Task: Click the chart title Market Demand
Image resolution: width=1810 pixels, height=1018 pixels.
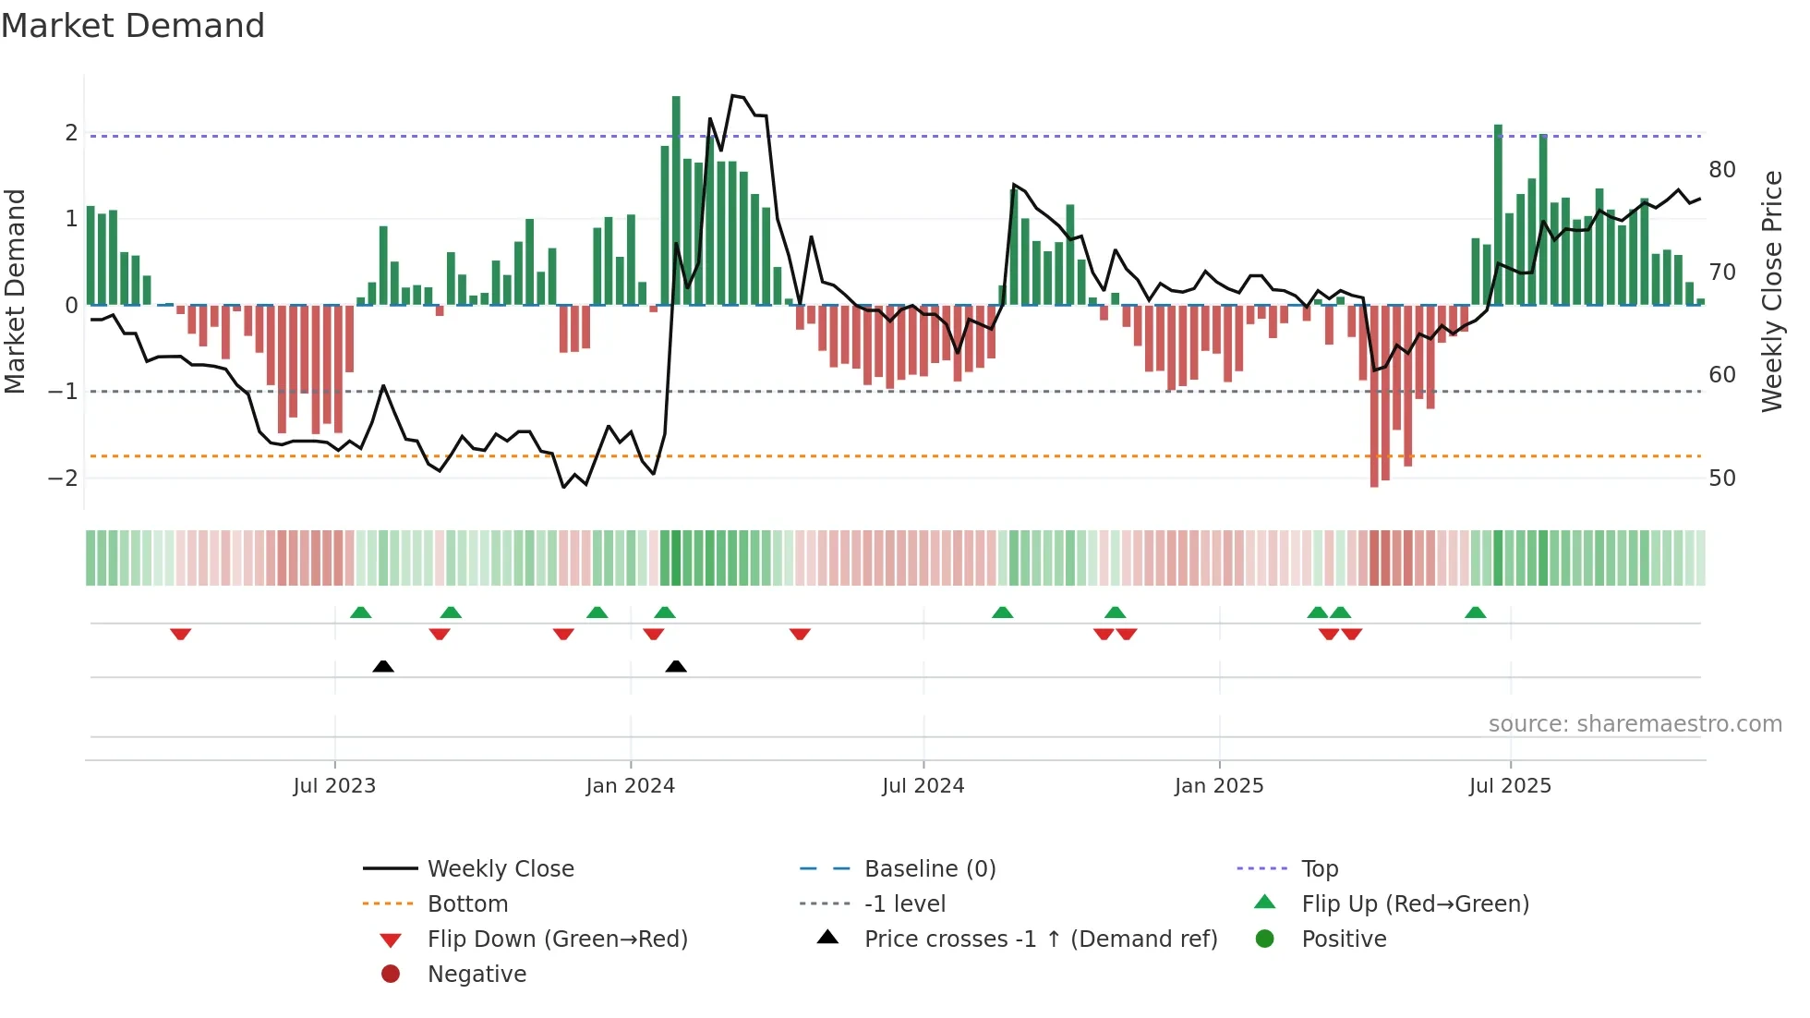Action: point(133,26)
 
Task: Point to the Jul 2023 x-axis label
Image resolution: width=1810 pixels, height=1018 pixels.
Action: point(334,786)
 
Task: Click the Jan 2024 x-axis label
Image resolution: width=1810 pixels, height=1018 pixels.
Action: point(631,786)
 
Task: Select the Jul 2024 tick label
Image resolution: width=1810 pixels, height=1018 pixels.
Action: point(923,786)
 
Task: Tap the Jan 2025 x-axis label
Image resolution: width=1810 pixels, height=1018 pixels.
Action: point(1219,786)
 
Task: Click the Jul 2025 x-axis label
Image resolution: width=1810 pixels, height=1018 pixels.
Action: point(1510,786)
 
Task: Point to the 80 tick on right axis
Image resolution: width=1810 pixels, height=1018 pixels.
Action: point(1722,170)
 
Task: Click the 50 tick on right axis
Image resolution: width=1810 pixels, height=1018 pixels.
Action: point(1722,479)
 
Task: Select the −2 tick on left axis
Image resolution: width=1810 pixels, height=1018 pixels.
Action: point(63,479)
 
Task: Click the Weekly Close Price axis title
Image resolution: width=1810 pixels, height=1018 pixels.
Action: point(1771,291)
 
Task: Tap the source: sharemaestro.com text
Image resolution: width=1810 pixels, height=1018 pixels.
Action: point(1635,724)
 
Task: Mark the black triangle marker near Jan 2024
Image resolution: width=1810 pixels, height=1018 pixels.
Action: point(676,666)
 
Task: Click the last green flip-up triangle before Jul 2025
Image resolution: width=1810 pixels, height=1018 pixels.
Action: point(1476,612)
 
